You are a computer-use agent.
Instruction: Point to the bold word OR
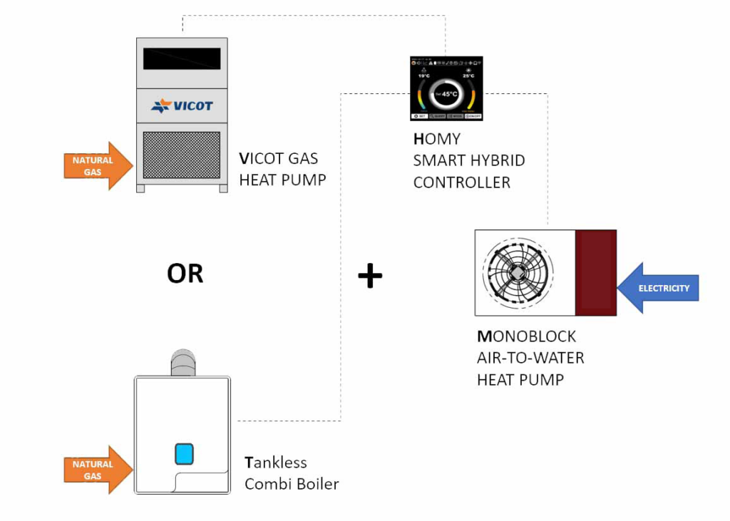coord(185,273)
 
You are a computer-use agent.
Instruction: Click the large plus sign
coord(370,276)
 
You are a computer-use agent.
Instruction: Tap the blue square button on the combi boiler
coord(184,454)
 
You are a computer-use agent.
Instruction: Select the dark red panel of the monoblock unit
coord(596,272)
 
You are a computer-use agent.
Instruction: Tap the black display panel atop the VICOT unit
coord(182,58)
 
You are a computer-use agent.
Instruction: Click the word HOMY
coord(436,139)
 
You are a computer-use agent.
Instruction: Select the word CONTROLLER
coord(462,182)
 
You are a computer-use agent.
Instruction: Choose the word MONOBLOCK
coord(526,336)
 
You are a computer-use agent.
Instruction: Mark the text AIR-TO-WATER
coord(530,358)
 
